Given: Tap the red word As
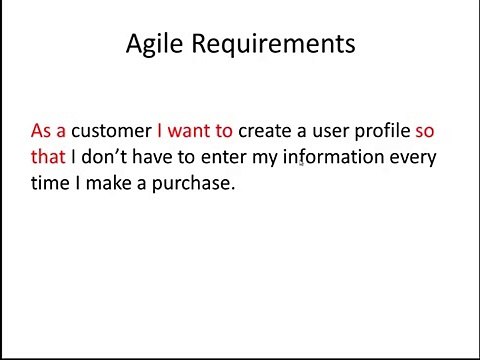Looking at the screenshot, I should pyautogui.click(x=42, y=131).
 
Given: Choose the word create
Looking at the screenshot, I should pyautogui.click(x=267, y=131).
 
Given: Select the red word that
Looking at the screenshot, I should pyautogui.click(x=47, y=157).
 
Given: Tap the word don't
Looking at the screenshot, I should pyautogui.click(x=102, y=157).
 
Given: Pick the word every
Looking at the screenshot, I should pyautogui.click(x=413, y=158).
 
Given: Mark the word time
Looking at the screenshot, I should pyautogui.click(x=50, y=184).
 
